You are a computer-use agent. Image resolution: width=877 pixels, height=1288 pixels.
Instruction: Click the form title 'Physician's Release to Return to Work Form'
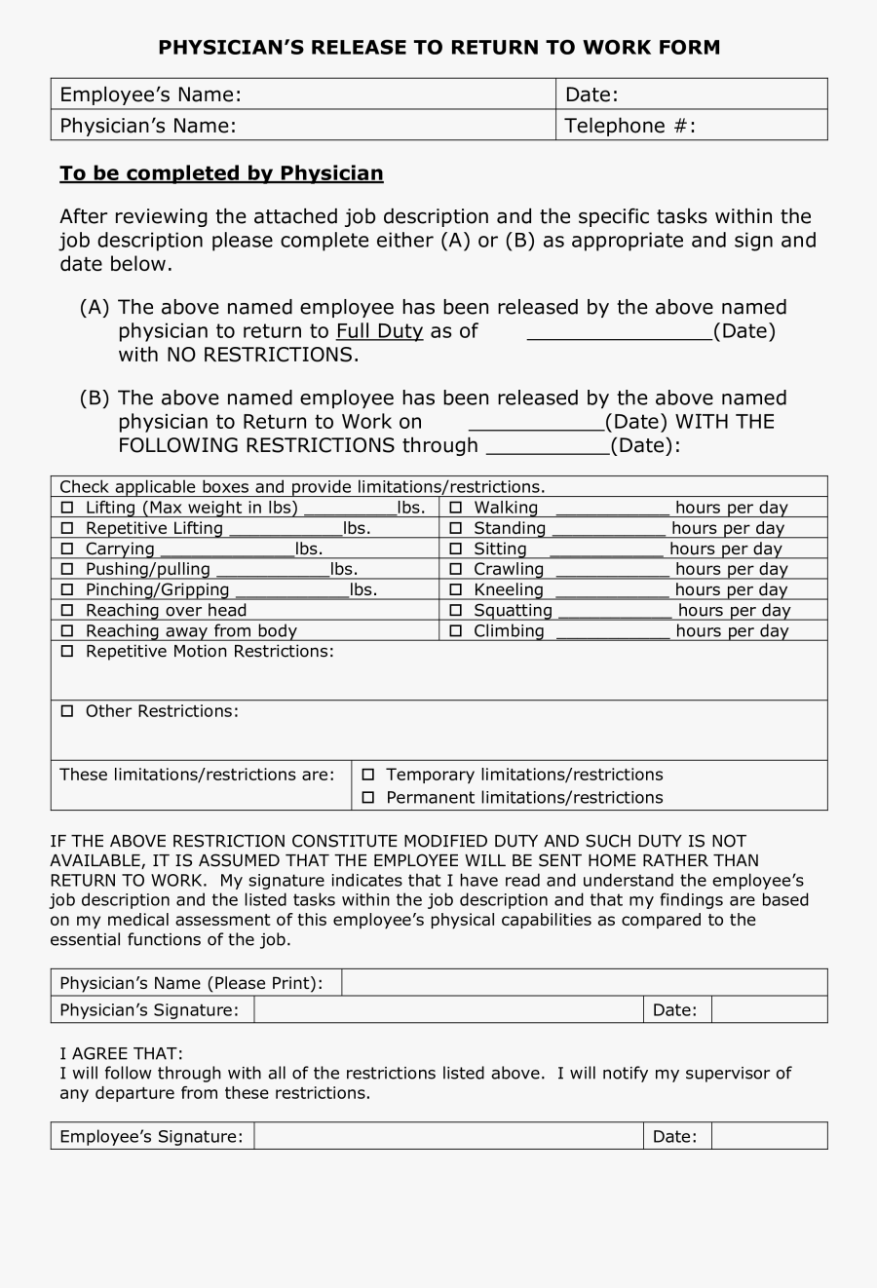tap(438, 47)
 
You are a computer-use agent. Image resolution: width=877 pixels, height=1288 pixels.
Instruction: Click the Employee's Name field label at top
tap(150, 95)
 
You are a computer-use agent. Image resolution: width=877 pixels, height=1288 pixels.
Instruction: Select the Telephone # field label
tap(629, 126)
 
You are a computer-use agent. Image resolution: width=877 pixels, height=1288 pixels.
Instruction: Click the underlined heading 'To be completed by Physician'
tap(221, 173)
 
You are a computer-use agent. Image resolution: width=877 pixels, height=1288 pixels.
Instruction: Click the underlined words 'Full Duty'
tap(379, 331)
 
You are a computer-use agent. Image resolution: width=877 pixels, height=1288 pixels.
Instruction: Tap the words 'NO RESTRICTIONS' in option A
tap(260, 355)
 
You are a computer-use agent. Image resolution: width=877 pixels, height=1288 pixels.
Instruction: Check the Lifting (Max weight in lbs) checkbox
tap(67, 508)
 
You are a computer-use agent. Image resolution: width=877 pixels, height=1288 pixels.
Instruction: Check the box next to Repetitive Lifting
tap(67, 528)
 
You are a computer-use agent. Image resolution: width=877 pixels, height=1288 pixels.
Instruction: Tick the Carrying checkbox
tap(67, 549)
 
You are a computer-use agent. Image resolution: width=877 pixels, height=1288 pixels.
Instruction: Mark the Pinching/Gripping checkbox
tap(67, 589)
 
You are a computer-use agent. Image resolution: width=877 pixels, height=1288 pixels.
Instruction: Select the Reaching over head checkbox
tap(67, 610)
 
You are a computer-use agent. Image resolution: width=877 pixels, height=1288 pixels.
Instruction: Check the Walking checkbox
tap(455, 508)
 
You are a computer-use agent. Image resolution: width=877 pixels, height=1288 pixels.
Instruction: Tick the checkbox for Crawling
tap(455, 569)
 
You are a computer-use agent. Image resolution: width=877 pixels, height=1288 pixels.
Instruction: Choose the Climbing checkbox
tap(455, 630)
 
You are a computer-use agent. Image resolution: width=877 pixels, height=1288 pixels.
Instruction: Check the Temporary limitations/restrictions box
tap(368, 775)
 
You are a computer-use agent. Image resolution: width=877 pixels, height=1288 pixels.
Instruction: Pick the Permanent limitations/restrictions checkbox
tap(368, 798)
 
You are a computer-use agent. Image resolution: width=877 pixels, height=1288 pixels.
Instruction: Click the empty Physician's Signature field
tap(448, 1009)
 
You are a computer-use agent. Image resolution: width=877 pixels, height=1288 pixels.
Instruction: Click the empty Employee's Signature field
tap(448, 1136)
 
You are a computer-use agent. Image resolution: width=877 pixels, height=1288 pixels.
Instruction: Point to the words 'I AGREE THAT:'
tap(121, 1054)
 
